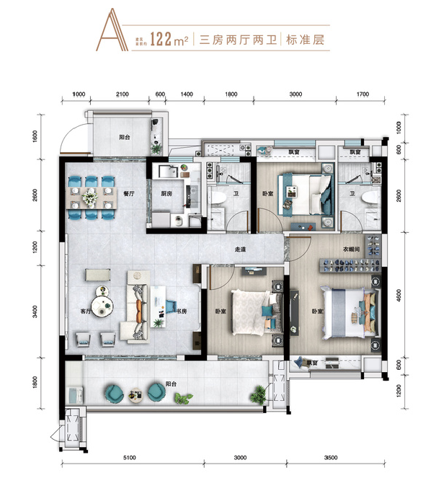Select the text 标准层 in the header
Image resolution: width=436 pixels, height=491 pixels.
point(306,40)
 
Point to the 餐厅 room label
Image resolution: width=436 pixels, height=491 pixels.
point(129,193)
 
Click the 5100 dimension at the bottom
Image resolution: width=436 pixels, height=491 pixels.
point(131,457)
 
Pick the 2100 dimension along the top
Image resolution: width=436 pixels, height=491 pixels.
point(122,94)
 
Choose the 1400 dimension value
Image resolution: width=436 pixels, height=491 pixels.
point(186,94)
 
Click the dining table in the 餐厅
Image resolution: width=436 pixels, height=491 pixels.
point(91,196)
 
